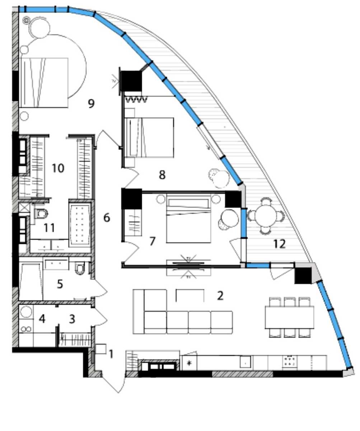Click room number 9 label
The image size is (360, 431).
(91, 103)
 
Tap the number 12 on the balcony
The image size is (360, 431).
(279, 244)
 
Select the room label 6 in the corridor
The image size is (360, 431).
(107, 218)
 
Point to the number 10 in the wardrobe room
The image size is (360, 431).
(58, 168)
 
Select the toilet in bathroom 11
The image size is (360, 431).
(41, 214)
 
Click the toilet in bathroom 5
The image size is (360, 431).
(80, 268)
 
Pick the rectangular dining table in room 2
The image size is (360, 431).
(289, 318)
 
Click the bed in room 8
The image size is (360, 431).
(149, 138)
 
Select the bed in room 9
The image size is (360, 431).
(43, 83)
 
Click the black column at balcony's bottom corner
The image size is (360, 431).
(303, 275)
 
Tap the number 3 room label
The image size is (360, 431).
(72, 319)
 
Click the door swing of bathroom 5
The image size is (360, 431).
(99, 288)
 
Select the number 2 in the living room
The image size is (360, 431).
(220, 296)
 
